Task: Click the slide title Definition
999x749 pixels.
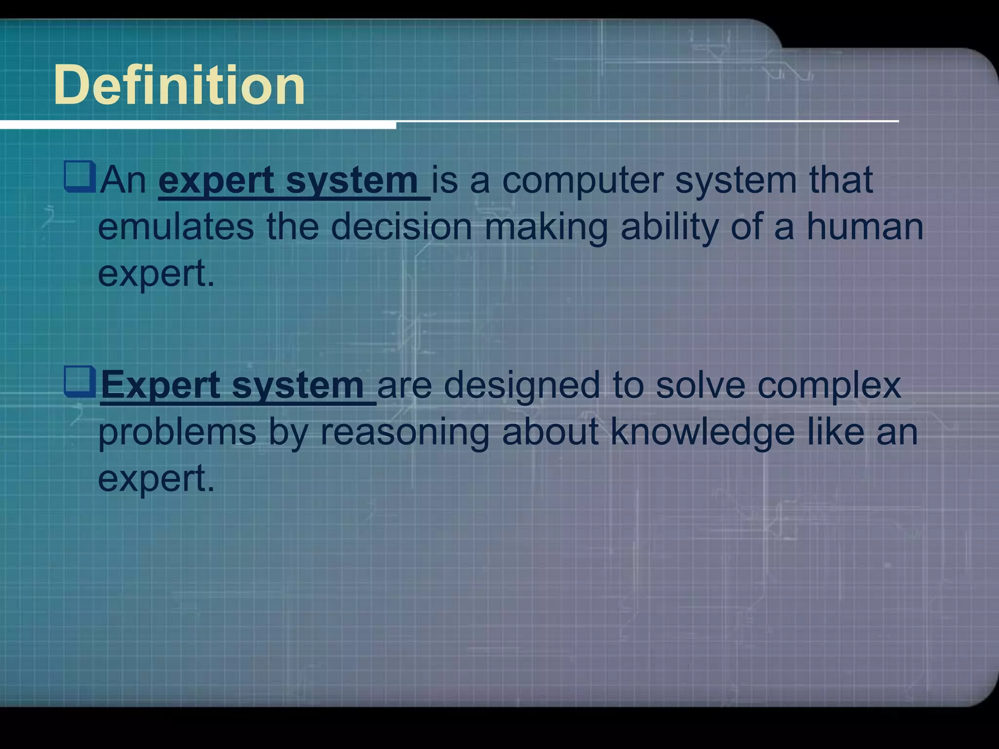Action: pos(179,86)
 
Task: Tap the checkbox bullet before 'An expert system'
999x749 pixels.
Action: pos(79,177)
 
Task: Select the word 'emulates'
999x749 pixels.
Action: pos(176,227)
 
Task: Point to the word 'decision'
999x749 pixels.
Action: pos(401,227)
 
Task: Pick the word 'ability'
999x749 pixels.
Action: pos(669,228)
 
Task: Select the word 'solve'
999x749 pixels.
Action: pos(700,385)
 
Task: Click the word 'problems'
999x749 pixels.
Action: pos(177,433)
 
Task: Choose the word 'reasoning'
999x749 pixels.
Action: pos(404,433)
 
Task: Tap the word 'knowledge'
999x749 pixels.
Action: pos(702,433)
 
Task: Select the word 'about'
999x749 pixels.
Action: pos(550,432)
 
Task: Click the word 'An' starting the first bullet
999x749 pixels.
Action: pos(123,180)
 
